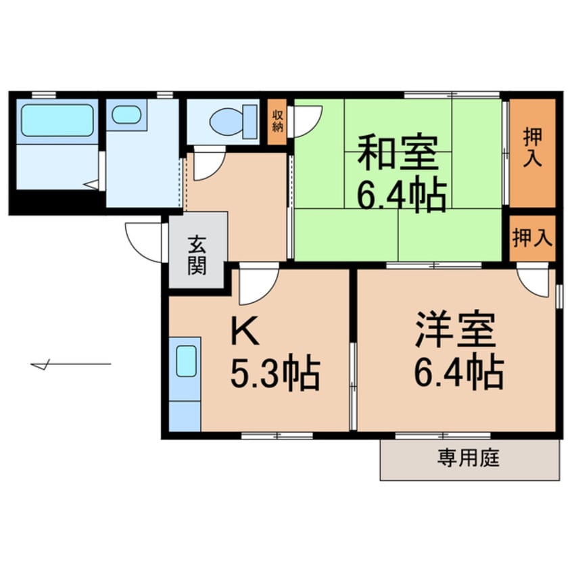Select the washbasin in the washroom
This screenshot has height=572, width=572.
126,114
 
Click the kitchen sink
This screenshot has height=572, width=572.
186,360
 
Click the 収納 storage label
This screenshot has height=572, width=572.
277,122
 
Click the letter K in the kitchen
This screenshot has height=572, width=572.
245,331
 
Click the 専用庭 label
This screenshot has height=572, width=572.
469,460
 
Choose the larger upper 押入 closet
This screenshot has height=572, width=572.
532,151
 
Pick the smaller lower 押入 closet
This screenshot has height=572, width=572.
532,238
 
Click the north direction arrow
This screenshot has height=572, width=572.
70,365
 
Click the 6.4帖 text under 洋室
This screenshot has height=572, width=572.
458,372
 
